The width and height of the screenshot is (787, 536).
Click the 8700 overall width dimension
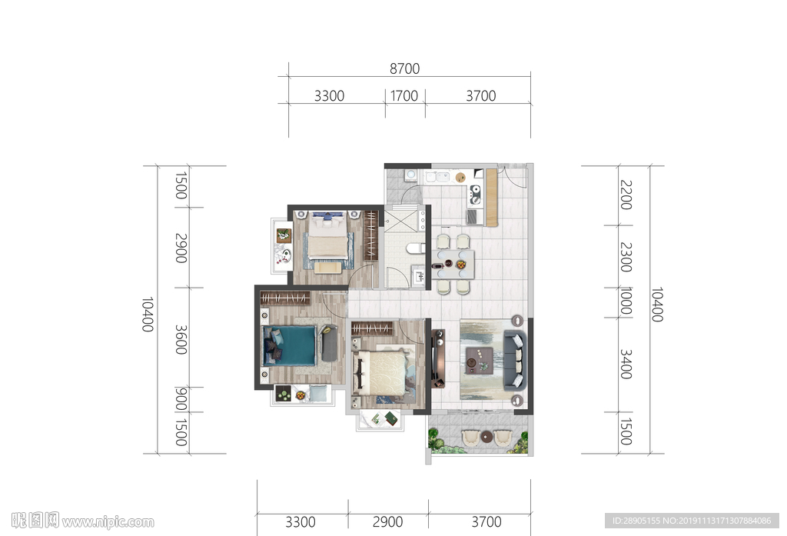[x=404, y=68]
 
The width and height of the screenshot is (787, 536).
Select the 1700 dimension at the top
[x=404, y=95]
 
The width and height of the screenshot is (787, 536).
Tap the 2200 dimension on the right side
[x=626, y=195]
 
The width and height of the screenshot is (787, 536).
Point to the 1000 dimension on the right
[x=626, y=301]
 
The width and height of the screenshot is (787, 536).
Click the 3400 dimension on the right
[x=626, y=365]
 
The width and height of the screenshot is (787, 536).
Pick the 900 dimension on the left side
[x=181, y=399]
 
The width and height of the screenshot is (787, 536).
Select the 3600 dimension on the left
[x=181, y=340]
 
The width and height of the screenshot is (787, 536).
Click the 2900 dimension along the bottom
[x=387, y=522]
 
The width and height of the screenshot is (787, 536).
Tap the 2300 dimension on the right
[x=626, y=257]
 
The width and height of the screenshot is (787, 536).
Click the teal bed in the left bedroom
[x=290, y=346]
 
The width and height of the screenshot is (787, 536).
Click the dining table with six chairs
[x=456, y=265]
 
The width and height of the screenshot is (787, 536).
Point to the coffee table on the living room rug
[x=479, y=360]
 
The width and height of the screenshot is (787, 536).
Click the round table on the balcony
[x=486, y=437]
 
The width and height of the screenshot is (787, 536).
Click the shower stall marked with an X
[x=400, y=221]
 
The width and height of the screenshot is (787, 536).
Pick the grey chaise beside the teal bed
[x=329, y=344]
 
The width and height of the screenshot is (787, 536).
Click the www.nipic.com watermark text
[x=108, y=522]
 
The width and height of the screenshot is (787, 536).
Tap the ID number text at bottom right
[x=692, y=521]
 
